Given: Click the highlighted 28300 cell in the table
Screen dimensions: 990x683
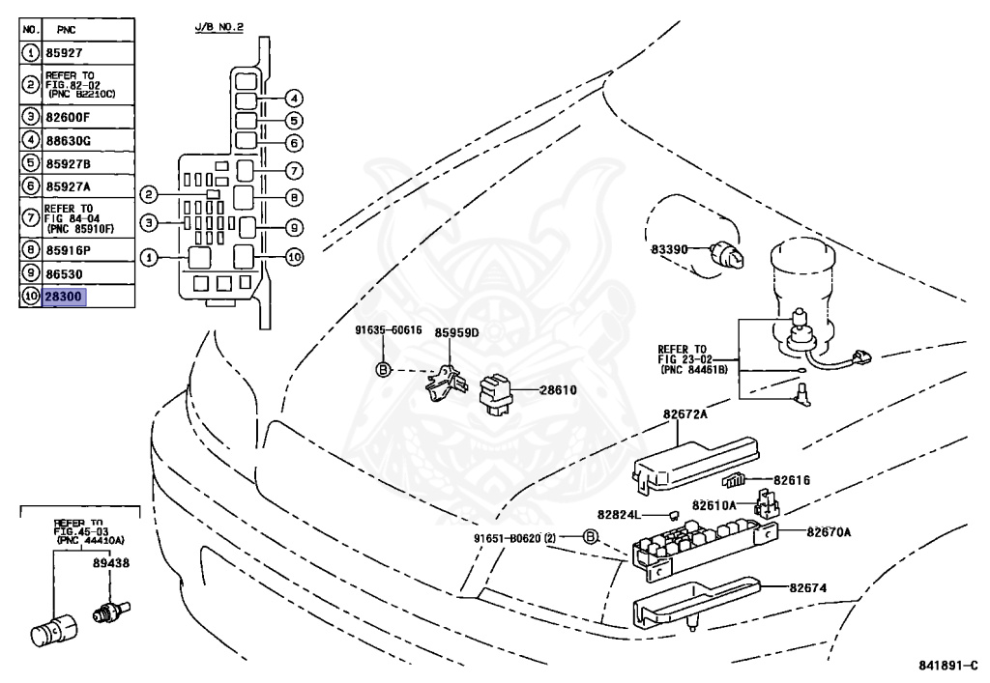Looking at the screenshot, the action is click(64, 297).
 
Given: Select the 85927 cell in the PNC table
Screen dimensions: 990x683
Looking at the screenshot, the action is click(88, 53).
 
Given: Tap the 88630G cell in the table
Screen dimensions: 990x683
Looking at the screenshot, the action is click(88, 140).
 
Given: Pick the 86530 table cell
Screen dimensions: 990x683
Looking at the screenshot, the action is click(88, 273).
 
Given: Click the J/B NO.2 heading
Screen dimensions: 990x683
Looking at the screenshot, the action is click(219, 27).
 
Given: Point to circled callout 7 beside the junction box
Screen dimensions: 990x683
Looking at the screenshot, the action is click(294, 170).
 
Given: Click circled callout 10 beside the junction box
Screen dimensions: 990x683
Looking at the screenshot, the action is click(294, 257).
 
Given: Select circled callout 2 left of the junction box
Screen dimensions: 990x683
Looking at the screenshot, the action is click(148, 194).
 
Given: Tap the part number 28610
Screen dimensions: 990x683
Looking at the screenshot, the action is click(558, 389).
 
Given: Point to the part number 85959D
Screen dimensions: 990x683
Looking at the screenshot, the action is click(456, 332).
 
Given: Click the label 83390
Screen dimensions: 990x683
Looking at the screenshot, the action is click(669, 249).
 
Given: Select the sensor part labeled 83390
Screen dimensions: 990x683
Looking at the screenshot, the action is click(727, 254).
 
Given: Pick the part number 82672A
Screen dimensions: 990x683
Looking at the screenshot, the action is click(685, 414).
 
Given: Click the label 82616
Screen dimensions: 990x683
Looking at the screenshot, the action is click(792, 480).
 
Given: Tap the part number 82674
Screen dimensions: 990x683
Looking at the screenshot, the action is click(807, 587).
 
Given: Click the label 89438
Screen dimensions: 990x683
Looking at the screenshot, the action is click(111, 562).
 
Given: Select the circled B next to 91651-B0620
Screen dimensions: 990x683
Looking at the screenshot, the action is click(589, 537).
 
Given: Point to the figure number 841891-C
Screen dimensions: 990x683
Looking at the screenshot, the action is click(948, 666).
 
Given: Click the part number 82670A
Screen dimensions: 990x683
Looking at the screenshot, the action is click(829, 532).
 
